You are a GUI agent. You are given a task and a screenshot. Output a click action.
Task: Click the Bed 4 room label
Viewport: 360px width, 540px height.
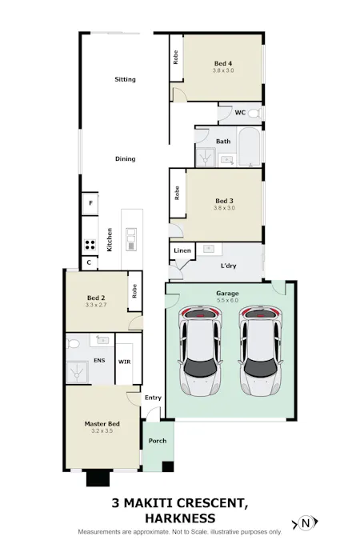click(x=223, y=63)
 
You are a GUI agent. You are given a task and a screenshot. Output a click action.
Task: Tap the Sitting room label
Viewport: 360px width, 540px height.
click(x=125, y=79)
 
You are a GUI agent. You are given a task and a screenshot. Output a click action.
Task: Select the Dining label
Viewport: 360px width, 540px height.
click(x=125, y=158)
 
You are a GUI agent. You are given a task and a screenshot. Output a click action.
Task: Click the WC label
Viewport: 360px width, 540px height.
click(x=239, y=113)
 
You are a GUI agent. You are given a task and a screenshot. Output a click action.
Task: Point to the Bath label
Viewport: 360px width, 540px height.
click(x=223, y=142)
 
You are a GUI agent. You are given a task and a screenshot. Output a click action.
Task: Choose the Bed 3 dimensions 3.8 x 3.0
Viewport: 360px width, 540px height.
click(x=224, y=208)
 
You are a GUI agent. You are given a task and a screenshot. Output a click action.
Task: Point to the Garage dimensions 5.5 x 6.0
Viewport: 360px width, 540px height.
click(x=227, y=301)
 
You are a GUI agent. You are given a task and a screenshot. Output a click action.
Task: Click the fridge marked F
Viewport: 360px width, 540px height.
click(x=90, y=203)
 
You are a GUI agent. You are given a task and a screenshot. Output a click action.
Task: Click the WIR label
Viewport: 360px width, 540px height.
click(x=125, y=362)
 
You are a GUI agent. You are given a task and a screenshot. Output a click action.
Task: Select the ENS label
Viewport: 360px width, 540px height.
click(x=99, y=361)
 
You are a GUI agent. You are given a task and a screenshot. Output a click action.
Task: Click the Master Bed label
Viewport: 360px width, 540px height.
click(x=102, y=423)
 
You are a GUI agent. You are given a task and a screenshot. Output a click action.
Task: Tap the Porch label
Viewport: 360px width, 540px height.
click(x=157, y=440)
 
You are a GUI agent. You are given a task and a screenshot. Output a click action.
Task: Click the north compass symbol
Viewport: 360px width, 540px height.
click(x=305, y=523)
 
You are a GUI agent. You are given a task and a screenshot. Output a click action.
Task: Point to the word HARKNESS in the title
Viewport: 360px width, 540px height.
click(x=180, y=518)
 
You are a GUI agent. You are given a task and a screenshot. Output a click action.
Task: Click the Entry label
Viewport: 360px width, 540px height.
click(x=152, y=398)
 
